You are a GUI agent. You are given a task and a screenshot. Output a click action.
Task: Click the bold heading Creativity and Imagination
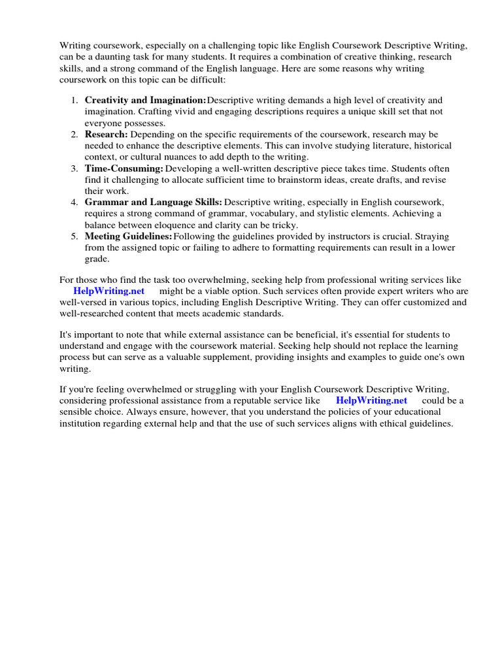(145, 100)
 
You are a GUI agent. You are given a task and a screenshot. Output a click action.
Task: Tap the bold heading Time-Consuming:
(124, 169)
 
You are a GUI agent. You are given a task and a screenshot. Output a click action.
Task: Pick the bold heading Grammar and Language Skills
(153, 203)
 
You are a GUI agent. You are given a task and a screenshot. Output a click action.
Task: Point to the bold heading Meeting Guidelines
(128, 237)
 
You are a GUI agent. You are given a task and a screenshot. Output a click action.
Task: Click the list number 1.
(75, 100)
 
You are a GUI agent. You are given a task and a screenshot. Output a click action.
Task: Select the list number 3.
(75, 169)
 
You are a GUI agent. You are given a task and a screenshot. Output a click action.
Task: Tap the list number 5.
(75, 237)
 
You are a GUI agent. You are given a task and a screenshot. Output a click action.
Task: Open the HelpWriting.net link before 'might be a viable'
(109, 291)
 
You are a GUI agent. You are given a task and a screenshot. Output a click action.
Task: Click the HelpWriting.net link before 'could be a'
(371, 400)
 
